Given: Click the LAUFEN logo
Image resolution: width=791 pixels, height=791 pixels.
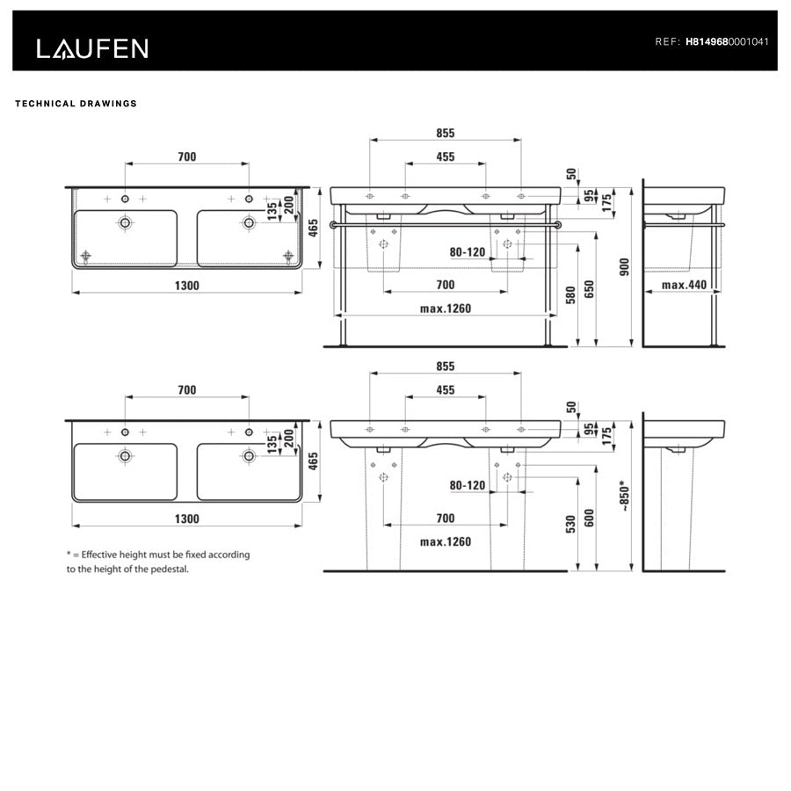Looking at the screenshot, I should (92, 48).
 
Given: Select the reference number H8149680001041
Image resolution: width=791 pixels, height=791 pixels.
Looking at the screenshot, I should (727, 41).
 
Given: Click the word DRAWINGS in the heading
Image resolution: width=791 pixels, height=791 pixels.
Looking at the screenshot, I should (108, 104).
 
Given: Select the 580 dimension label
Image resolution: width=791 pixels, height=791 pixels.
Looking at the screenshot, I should (570, 294).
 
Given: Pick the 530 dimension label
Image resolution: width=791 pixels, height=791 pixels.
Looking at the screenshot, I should (570, 525).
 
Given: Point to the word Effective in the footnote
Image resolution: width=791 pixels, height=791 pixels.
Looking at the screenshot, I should (101, 555).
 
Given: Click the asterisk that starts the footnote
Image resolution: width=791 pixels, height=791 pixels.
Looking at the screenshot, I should (69, 554).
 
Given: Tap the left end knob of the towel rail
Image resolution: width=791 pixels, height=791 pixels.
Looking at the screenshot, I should (332, 225).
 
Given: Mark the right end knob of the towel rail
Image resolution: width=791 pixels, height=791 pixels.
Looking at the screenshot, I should (559, 225).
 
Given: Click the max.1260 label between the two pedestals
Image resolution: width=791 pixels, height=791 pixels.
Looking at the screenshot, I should (446, 541).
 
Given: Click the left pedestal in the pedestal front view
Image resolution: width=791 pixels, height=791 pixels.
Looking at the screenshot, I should (383, 510).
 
